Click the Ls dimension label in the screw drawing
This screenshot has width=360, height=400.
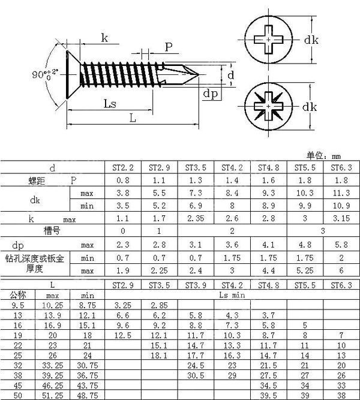click(109, 104)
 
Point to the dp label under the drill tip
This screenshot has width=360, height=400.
click(209, 94)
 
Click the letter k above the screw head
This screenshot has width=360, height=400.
click(104, 39)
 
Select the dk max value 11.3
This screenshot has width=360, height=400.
click(340, 193)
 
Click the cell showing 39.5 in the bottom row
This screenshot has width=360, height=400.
click(268, 396)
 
